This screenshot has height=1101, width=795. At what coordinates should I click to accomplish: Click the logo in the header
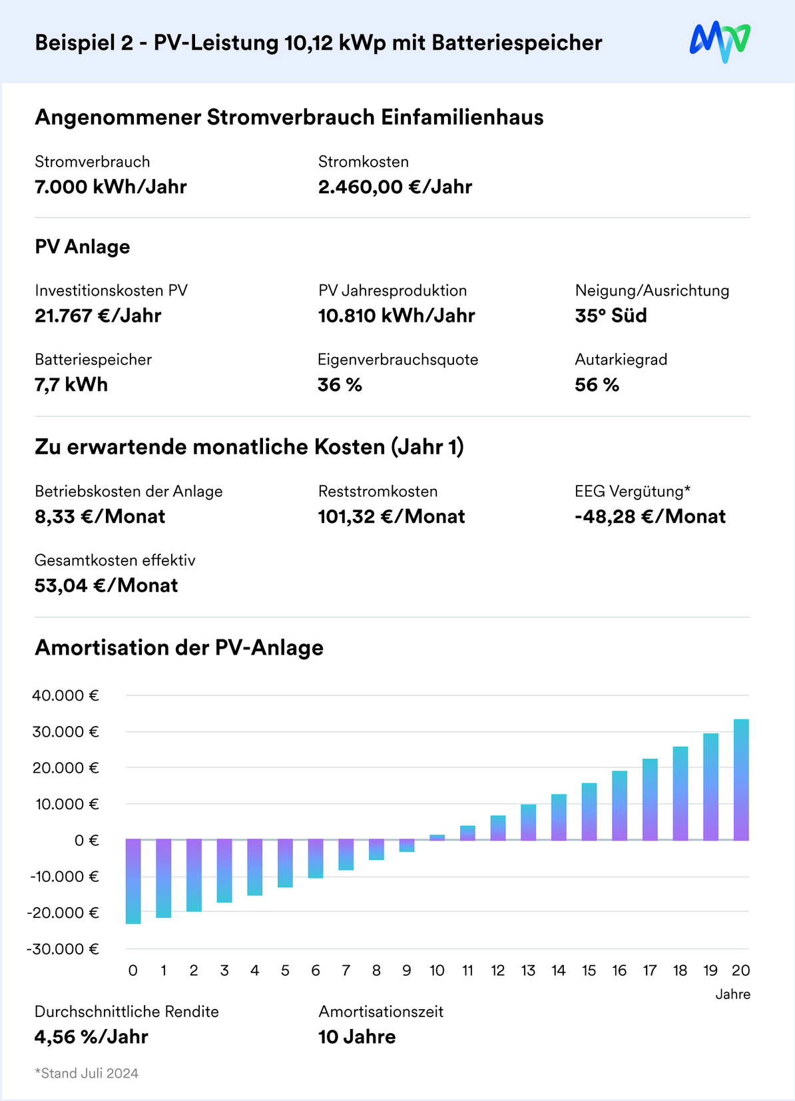[720, 42]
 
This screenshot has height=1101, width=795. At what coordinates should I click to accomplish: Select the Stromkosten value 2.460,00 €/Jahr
[395, 187]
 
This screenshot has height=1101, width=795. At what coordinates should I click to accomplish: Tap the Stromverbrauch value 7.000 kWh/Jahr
[111, 187]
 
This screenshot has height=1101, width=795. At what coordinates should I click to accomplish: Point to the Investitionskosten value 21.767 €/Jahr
[98, 316]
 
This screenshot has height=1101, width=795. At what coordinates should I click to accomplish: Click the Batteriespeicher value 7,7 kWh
[71, 385]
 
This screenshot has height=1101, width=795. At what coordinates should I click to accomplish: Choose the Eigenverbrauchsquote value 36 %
[340, 385]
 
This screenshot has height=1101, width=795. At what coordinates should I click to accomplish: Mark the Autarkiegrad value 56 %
[597, 385]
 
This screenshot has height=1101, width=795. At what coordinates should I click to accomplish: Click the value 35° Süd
[611, 316]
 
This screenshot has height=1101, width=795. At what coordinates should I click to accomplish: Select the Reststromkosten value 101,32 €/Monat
[392, 517]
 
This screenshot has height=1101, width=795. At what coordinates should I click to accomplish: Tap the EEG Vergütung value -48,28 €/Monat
[650, 517]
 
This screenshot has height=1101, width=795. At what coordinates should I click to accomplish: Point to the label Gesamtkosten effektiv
[115, 560]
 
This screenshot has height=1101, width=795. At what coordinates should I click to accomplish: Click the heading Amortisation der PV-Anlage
[179, 647]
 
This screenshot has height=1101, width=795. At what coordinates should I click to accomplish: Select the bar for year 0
[133, 881]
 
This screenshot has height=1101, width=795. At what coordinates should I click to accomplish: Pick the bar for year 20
[741, 779]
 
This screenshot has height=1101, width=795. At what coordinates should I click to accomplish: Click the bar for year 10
[437, 837]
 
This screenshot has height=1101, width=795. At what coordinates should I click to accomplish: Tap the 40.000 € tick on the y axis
[65, 695]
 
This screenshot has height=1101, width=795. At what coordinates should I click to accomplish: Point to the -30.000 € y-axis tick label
[63, 949]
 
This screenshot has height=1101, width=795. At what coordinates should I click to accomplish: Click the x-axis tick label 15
[589, 970]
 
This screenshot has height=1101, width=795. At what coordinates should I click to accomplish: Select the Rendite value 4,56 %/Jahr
[91, 1037]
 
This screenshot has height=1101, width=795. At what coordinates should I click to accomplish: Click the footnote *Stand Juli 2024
[87, 1073]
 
